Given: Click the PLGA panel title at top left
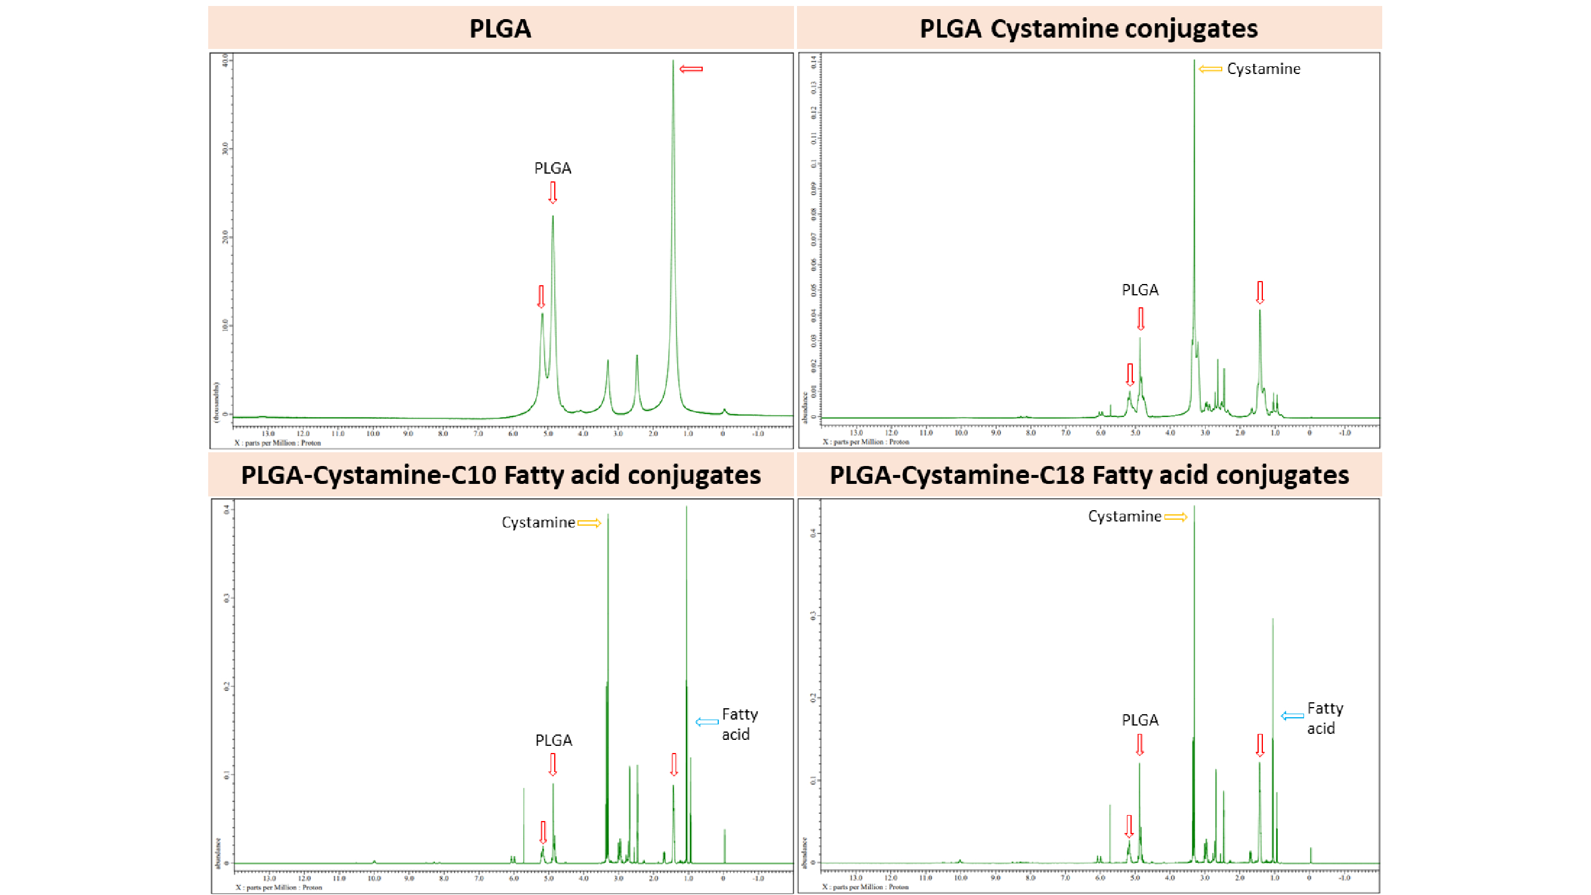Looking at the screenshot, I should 500,29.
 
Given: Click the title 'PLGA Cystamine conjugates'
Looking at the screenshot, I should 1088,29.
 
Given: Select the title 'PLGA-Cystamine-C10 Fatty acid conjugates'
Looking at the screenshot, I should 501,475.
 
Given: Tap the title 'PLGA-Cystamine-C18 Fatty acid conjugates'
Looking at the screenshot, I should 1089,475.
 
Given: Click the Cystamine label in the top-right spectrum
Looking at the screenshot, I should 1263,69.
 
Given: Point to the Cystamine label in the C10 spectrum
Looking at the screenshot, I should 538,523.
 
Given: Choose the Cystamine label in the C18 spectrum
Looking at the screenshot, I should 1124,516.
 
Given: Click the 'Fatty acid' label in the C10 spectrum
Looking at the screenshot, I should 739,724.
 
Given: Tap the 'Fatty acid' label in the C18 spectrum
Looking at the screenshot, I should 1325,718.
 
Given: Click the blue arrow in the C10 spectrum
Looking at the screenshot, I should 706,721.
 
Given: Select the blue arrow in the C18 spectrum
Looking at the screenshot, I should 1292,716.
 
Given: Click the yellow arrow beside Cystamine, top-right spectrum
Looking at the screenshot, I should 1210,69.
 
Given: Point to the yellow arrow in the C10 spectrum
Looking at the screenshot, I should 589,523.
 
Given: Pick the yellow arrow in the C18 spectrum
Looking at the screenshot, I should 1175,517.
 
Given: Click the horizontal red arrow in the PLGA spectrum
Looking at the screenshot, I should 691,69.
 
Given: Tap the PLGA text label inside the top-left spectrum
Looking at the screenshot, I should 552,168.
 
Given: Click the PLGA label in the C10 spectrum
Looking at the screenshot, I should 554,740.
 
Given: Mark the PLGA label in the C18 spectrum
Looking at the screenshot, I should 1139,720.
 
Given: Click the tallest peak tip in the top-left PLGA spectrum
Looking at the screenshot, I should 674,60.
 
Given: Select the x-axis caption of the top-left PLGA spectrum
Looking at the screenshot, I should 278,443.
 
